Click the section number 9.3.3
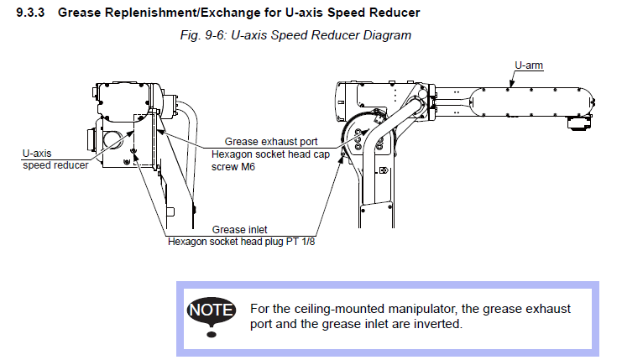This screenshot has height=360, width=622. tap(32, 13)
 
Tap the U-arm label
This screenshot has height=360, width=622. tap(530, 64)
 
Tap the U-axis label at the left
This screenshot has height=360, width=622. tap(37, 154)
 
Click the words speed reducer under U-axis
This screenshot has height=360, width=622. tap(55, 165)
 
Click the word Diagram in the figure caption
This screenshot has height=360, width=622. tap(387, 35)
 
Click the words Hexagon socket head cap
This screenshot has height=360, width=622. tap(266, 154)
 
